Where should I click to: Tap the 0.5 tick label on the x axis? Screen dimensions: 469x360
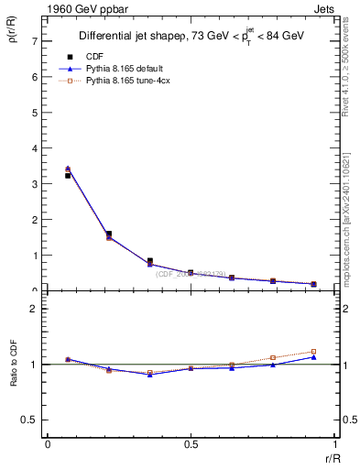pyautogui.click(x=190, y=444)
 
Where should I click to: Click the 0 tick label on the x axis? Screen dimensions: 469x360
pyautogui.click(x=47, y=444)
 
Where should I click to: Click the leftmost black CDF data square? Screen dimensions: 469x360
pyautogui.click(x=68, y=175)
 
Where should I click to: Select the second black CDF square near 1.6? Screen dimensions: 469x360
pyautogui.click(x=109, y=234)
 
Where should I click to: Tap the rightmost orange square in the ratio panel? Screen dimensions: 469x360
pyautogui.click(x=313, y=352)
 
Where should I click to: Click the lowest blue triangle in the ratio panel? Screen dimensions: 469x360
pyautogui.click(x=149, y=375)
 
